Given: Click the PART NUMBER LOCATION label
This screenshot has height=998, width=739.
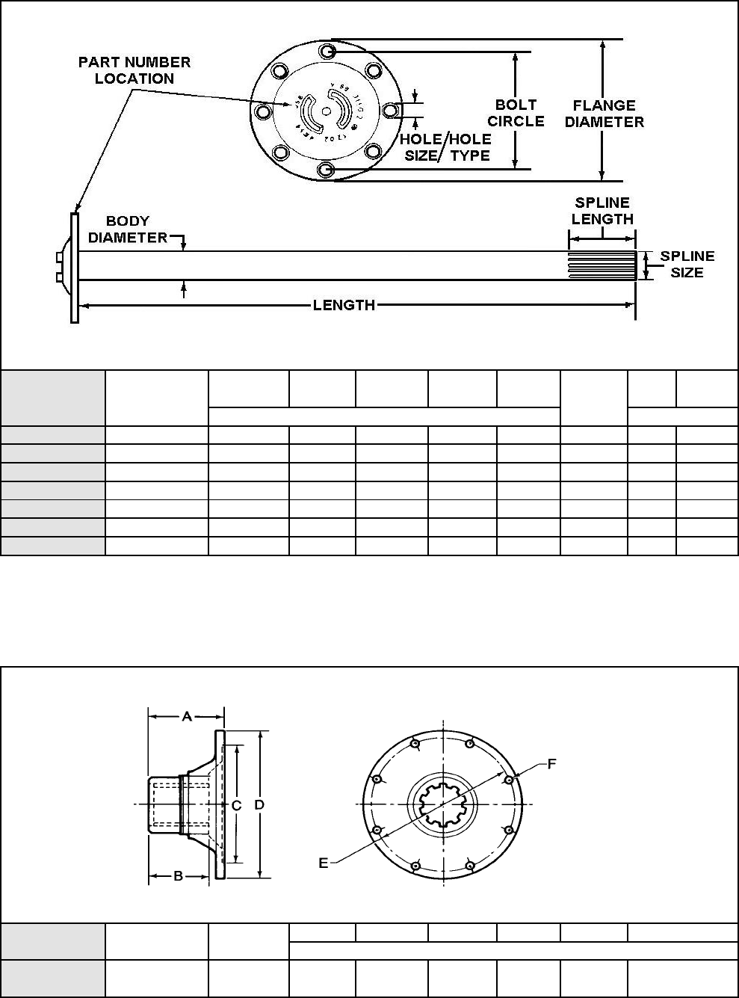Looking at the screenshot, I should click(134, 70).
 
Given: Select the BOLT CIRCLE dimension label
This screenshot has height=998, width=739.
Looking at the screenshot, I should click(516, 113).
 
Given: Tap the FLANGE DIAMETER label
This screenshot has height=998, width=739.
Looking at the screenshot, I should click(604, 114).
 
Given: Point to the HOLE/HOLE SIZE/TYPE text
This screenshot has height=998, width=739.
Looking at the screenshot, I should click(445, 147).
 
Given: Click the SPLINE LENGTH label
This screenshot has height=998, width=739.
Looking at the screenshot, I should click(602, 211).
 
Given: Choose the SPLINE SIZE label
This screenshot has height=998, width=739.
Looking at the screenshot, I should click(687, 265).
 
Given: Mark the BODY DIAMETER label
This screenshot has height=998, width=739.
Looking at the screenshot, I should click(128, 230).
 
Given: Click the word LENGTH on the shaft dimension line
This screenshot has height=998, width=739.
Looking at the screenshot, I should click(344, 305).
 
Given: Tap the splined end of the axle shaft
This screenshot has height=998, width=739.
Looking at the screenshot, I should click(602, 265).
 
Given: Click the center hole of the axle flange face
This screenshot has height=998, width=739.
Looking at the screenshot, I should click(325, 111).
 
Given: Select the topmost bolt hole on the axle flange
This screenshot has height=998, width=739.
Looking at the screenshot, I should click(327, 51).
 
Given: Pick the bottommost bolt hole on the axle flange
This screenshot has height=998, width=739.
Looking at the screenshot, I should click(325, 170).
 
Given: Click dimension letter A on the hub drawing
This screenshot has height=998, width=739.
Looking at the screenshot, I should click(187, 716).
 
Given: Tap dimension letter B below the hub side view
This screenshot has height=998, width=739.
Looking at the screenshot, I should click(179, 875).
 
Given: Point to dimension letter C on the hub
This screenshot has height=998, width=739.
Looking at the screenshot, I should click(236, 805).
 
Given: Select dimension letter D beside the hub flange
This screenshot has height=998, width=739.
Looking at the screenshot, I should click(259, 805).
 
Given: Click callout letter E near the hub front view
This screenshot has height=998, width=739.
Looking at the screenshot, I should click(324, 863).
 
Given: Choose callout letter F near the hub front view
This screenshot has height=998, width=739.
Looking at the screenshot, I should click(551, 763).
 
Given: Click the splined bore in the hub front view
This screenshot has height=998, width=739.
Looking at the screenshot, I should click(444, 805).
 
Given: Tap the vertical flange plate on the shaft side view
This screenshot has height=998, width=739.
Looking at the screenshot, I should click(75, 268).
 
